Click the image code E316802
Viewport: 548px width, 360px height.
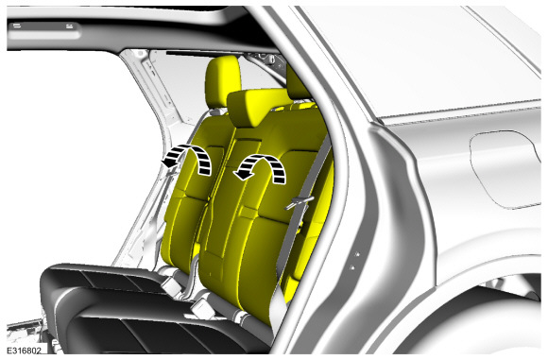point(25,350)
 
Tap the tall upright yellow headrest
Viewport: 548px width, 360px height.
point(223,81)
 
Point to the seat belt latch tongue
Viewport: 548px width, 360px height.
point(300,203)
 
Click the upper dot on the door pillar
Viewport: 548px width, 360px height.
point(357,254)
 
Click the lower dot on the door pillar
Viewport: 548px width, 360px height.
point(352,267)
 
